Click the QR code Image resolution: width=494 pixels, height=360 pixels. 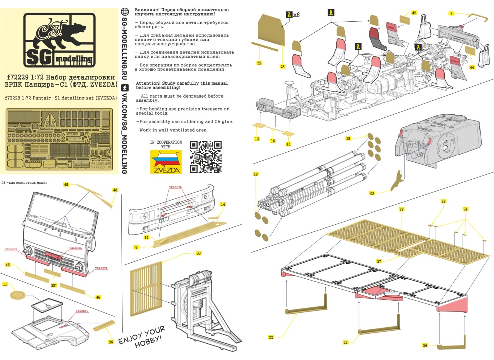(x=205, y=157)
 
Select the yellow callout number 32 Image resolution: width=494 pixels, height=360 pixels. (x=259, y=63)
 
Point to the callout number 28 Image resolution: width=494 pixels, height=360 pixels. (x=282, y=67)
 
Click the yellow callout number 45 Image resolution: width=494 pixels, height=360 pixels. (x=414, y=13)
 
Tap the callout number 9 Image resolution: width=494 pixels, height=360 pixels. (x=451, y=14)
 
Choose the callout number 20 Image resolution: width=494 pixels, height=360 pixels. (x=372, y=193)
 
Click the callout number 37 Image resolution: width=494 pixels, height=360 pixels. (x=401, y=210)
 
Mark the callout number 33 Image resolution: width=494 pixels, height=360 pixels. (x=443, y=201)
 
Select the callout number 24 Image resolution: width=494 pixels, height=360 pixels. (x=425, y=345)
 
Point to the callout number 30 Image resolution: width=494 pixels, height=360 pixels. (x=198, y=253)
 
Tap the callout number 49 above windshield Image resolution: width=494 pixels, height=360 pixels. (x=66, y=184)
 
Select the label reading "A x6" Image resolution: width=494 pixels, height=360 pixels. (x=293, y=15)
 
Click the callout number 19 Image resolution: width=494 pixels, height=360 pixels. (x=255, y=174)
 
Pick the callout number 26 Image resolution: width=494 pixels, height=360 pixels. (x=111, y=342)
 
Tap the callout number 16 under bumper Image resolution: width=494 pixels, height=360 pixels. (x=273, y=141)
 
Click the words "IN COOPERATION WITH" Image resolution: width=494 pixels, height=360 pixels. (x=166, y=144)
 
